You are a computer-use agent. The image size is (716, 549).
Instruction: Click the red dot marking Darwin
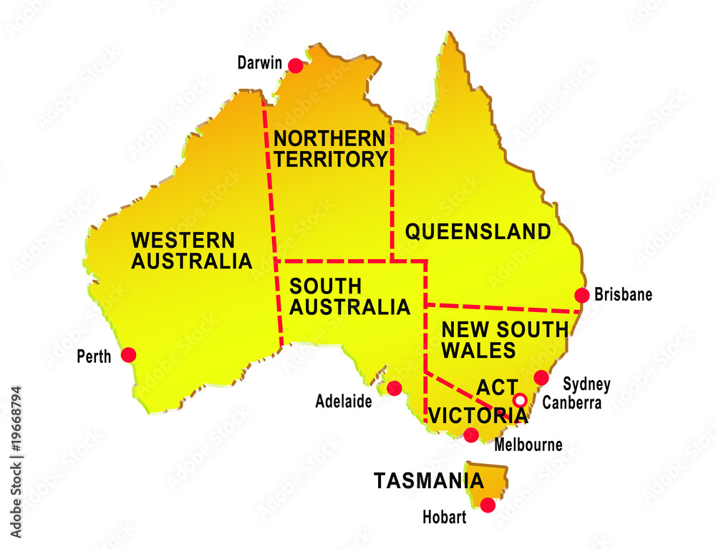pos(296,65)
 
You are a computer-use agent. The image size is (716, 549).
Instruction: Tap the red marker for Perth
pos(129,354)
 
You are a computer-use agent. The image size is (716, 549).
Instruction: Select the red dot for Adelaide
pos(395,388)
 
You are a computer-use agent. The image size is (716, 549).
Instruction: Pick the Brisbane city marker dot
pos(582,295)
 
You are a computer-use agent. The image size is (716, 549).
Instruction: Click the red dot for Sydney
pos(541,377)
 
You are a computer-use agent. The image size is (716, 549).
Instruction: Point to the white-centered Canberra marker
pos(521,400)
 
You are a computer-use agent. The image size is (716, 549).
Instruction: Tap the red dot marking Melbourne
pos(471,434)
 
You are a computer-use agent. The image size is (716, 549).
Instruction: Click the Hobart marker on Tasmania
pos(488,505)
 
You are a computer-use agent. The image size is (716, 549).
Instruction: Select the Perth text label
pos(95,356)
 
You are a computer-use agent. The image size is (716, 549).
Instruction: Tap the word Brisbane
pos(623,294)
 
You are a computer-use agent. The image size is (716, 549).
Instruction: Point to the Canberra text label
pos(571,403)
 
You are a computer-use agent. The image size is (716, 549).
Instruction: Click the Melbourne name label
pos(528,445)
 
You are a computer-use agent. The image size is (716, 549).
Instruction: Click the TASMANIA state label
pos(418,481)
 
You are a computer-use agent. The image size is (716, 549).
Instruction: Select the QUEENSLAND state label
pos(478,232)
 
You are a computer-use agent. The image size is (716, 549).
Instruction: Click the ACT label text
pos(493,387)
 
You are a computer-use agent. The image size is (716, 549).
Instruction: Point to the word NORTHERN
pos(329,137)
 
